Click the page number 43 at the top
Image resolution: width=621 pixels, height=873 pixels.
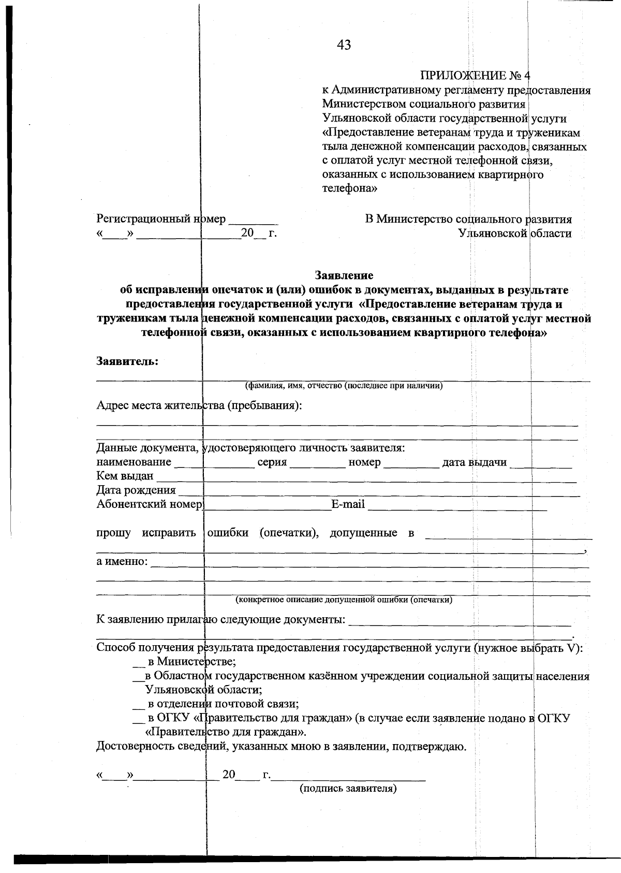click(344, 46)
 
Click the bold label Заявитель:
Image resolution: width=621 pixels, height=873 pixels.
click(127, 361)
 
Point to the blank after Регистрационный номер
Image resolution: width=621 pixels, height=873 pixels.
click(254, 220)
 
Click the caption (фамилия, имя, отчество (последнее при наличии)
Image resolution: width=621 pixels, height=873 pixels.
click(344, 386)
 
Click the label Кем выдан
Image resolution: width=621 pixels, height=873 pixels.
click(125, 476)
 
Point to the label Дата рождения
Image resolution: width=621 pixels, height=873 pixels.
click(136, 490)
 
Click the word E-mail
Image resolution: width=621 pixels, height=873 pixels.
click(348, 504)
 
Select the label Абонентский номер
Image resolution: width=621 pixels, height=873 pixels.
click(149, 504)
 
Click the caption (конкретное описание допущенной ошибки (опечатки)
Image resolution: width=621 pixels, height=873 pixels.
click(344, 600)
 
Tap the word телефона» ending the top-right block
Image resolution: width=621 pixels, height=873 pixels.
click(349, 188)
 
